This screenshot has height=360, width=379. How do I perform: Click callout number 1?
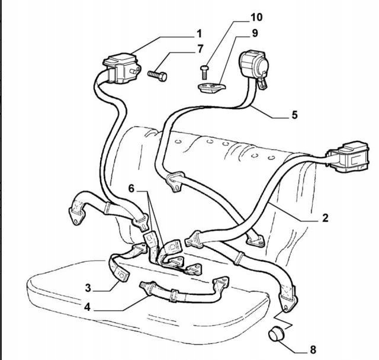pos(199,33)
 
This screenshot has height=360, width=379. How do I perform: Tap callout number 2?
pos(325,217)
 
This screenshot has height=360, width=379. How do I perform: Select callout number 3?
pos(88,288)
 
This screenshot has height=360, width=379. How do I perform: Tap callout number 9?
pos(254,33)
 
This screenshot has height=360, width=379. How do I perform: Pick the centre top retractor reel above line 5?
pos(251,65)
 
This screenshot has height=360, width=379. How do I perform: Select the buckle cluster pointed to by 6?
pos(172,255)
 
